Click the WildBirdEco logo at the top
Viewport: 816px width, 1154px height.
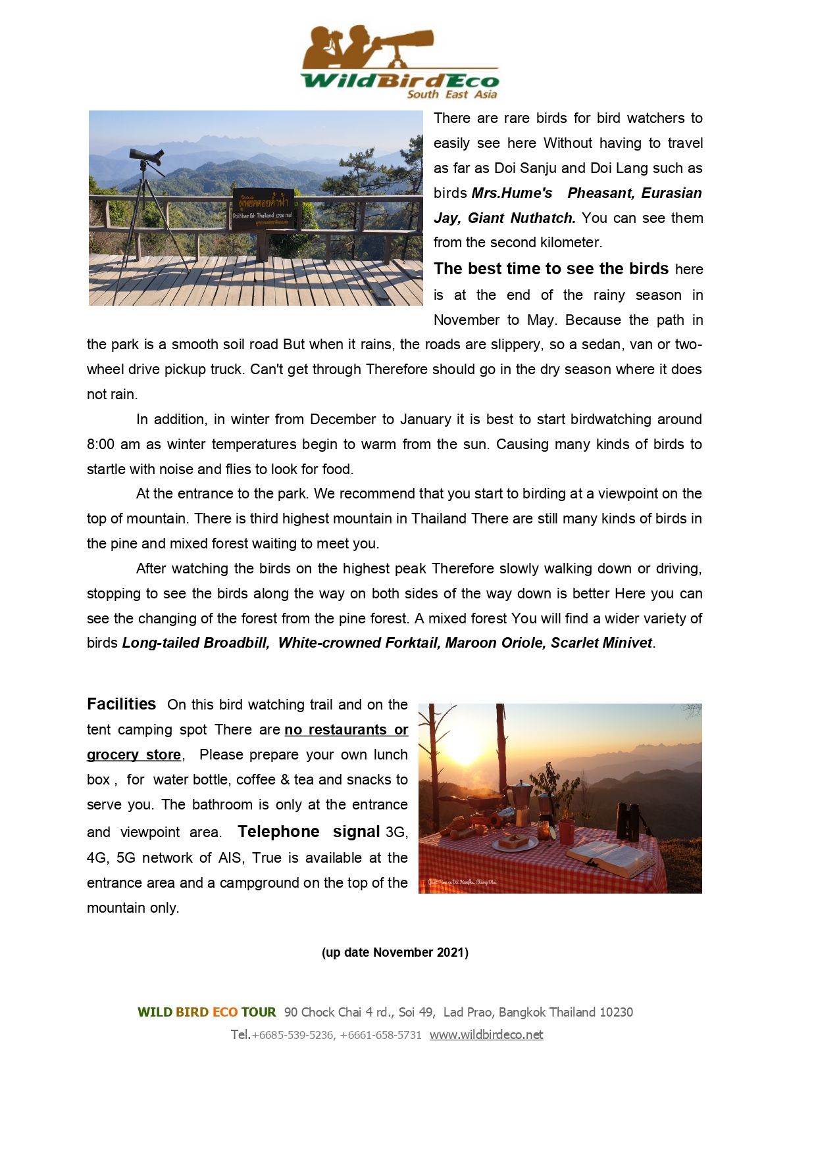[x=399, y=63]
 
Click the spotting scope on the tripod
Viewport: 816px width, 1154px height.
[x=147, y=156]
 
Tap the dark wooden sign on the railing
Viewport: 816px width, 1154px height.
[x=263, y=210]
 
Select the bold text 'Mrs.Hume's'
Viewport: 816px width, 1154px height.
[x=512, y=193]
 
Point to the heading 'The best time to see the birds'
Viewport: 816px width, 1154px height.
[x=551, y=269]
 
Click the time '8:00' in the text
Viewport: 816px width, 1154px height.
[x=101, y=445]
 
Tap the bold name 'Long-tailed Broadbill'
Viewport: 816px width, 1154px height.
[x=195, y=643]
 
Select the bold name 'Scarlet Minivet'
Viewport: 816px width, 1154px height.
[x=601, y=643]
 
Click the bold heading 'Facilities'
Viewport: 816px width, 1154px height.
[x=122, y=704]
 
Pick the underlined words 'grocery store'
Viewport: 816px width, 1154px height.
[x=134, y=755]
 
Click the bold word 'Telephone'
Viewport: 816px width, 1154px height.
[x=278, y=832]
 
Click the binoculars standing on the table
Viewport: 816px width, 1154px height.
[x=628, y=821]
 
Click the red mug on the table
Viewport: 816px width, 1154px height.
[x=567, y=831]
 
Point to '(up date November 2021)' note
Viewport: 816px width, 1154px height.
[x=395, y=953]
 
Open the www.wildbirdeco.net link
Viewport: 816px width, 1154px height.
[x=486, y=1035]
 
